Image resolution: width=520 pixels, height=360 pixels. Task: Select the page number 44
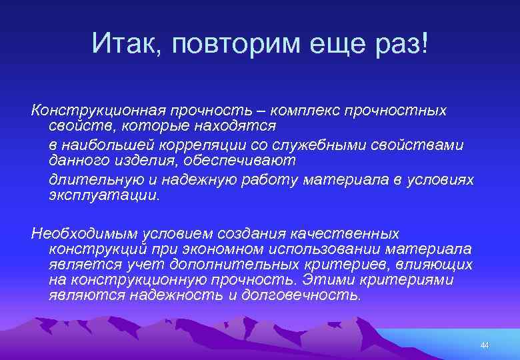[484, 345]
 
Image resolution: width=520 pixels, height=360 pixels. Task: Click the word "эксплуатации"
[103, 196]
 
